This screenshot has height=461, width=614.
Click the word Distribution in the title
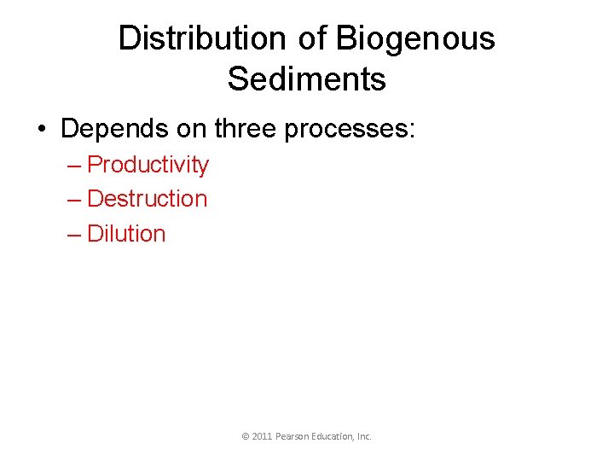(x=202, y=38)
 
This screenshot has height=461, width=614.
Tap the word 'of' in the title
(x=312, y=38)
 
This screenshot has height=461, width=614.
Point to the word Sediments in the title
(x=306, y=79)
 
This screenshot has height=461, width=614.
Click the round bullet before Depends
(x=42, y=130)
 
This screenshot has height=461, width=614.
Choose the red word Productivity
(x=148, y=165)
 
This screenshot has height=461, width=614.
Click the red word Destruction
(x=147, y=199)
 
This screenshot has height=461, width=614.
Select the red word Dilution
(x=126, y=234)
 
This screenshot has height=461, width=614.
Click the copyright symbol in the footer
(x=246, y=436)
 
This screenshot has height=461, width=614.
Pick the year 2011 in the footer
(x=262, y=436)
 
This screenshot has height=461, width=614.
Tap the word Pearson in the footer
(x=292, y=436)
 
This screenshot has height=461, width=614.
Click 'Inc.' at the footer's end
(x=364, y=436)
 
